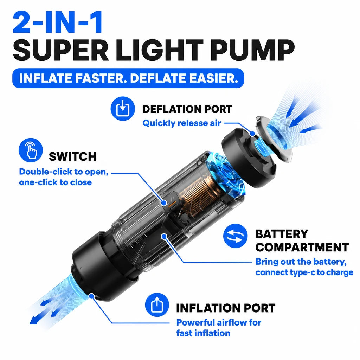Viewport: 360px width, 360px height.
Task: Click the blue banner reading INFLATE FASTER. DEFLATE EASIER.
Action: pos(128,78)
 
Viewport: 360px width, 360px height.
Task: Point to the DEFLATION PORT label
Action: pos(187,109)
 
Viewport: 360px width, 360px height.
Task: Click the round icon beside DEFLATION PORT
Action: pos(123,109)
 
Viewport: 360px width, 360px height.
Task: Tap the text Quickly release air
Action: pos(182,123)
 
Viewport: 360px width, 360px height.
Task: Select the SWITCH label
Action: pos(72,156)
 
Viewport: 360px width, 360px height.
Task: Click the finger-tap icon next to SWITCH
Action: pos(31,150)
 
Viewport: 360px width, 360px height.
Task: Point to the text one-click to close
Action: pos(55,182)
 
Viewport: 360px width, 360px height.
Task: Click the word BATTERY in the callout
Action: pos(282,234)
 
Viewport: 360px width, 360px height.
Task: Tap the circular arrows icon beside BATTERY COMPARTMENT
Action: pos(235,236)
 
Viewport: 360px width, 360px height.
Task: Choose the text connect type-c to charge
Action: pos(304,272)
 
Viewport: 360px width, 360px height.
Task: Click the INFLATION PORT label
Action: pos(226,308)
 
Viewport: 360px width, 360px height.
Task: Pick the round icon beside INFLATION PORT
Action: pos(157,305)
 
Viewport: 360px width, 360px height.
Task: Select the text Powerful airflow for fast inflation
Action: pos(219,328)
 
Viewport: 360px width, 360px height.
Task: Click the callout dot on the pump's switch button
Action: pos(164,203)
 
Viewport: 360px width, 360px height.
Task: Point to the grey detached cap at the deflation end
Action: pos(274,139)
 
